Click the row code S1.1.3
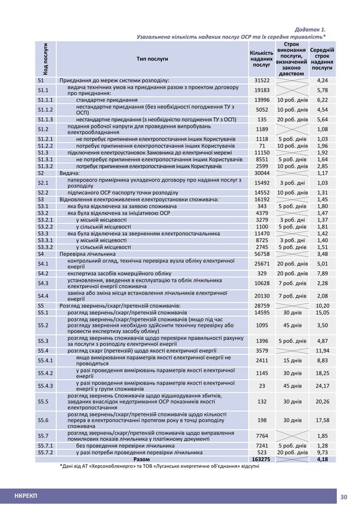point(45,119)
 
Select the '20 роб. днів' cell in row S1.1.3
point(292,119)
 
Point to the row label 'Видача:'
point(71,173)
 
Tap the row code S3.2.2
point(45,226)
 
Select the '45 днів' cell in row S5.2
point(292,325)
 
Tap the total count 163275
point(260,459)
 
